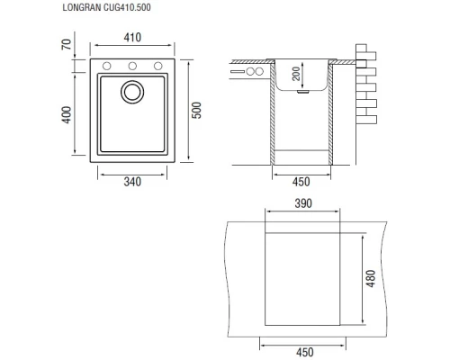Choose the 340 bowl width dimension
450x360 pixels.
133,182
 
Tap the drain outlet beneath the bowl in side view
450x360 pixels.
303,91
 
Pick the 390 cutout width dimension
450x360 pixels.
302,205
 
